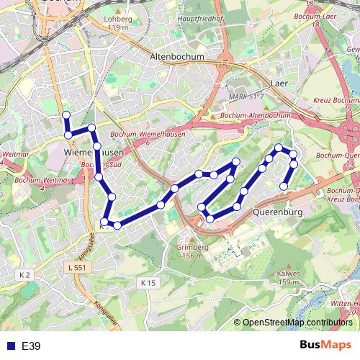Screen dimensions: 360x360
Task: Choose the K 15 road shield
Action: tap(148, 263)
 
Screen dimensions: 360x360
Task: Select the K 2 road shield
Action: tap(25, 275)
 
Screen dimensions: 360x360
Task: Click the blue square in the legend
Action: tap(9, 346)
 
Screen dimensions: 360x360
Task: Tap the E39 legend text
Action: tap(31, 346)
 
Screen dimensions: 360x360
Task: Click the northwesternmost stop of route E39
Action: tap(66, 114)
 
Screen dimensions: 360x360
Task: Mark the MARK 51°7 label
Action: tap(243, 96)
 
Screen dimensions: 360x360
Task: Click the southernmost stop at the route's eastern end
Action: tap(284, 186)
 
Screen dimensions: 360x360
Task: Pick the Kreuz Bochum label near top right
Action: tap(336, 100)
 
